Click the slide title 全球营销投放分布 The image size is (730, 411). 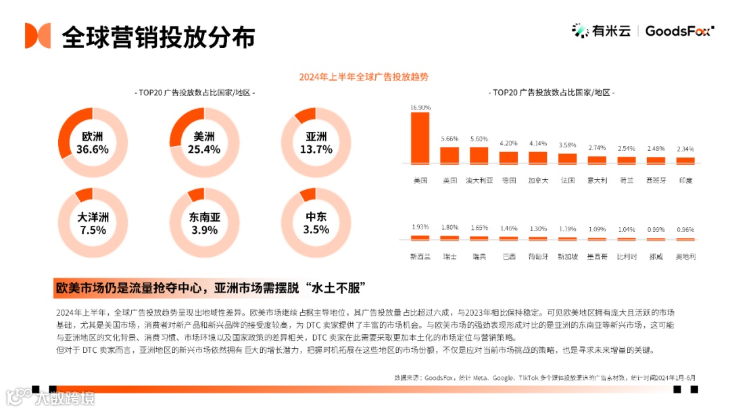[x=158, y=37]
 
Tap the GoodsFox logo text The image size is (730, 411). [x=678, y=30]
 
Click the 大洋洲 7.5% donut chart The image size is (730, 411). [x=93, y=222]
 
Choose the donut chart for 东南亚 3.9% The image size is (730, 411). [x=203, y=222]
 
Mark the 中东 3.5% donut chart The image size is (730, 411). [x=315, y=222]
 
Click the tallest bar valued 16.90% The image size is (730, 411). [x=420, y=138]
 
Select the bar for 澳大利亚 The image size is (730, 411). [x=479, y=156]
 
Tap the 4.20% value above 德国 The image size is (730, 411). [x=508, y=143]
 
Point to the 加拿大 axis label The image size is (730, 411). [x=537, y=180]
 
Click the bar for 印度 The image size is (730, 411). [x=685, y=161]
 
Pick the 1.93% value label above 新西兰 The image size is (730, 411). [x=420, y=228]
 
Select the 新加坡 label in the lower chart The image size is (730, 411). [x=567, y=257]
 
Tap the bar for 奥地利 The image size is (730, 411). [x=685, y=238]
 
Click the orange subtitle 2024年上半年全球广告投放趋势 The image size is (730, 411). [x=364, y=77]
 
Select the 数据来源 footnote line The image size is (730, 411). [x=544, y=378]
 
